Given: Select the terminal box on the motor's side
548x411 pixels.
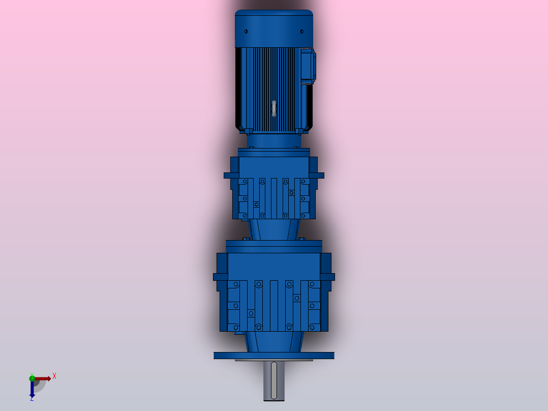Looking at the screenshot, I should [308, 66].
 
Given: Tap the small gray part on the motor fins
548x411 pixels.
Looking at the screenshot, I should [274, 108].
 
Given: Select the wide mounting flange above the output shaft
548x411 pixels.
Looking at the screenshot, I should [274, 355].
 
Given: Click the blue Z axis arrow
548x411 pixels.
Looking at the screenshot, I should [32, 389].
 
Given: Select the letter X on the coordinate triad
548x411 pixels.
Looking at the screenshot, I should [54, 376].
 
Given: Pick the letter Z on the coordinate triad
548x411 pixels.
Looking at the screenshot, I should [32, 399].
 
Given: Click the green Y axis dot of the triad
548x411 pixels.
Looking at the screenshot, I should [32, 377].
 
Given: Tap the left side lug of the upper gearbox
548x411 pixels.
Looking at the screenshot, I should [228, 175].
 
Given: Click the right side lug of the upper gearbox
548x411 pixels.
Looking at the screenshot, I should [319, 175].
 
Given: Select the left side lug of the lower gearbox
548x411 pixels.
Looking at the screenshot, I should [218, 277].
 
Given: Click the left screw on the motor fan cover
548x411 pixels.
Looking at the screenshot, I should [246, 32].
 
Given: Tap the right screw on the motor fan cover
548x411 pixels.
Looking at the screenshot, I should [301, 32].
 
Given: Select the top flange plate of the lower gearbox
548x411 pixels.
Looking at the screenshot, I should [274, 244].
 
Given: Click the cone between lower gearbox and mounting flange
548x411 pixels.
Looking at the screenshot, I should [274, 341].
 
